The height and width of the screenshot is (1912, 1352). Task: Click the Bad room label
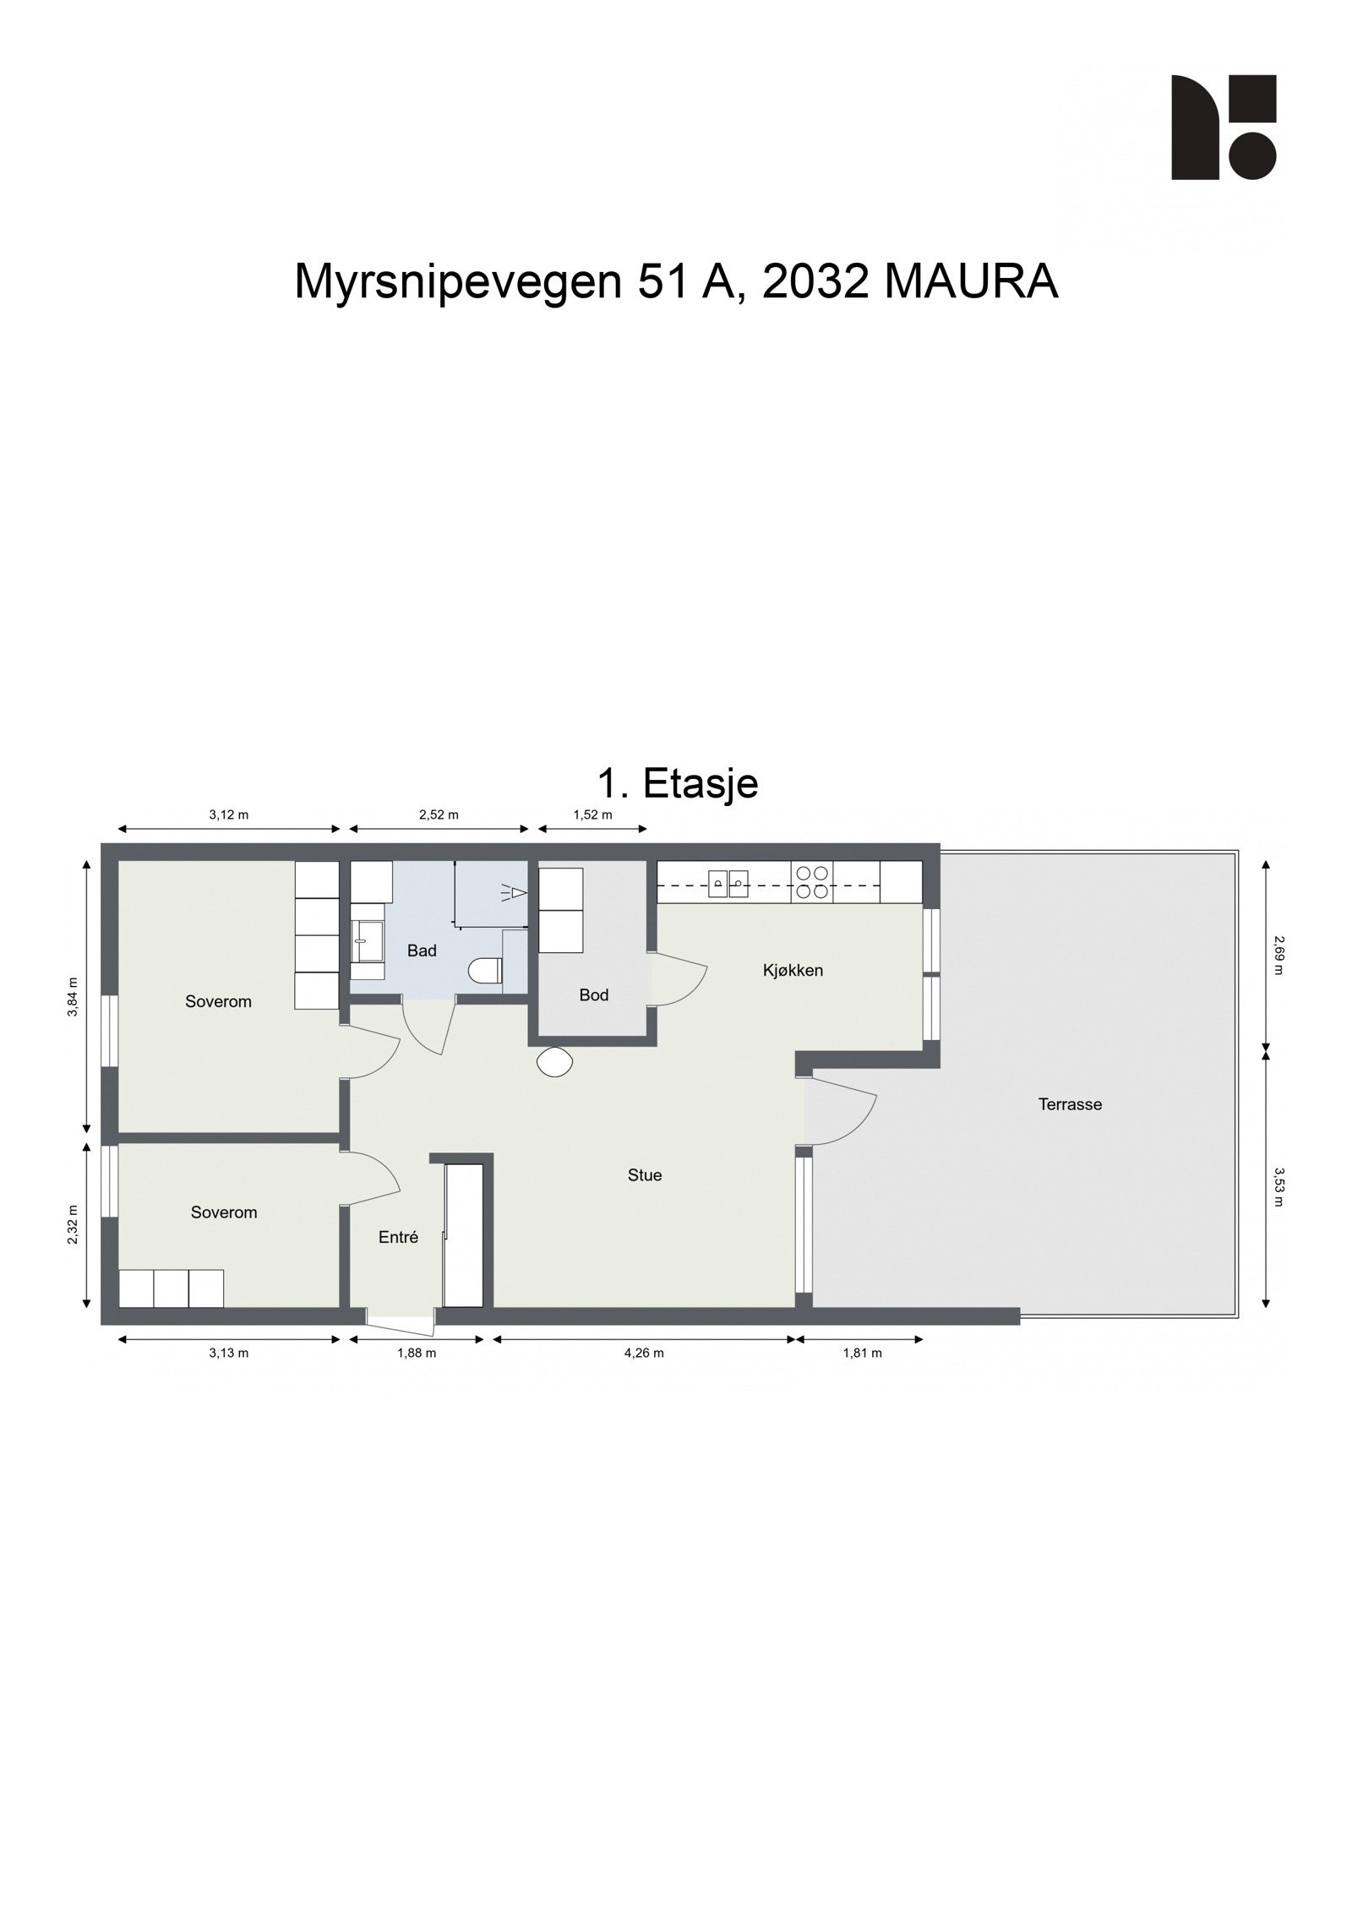422,951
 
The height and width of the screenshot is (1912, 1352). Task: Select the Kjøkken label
793,970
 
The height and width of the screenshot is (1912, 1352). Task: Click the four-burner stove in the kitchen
812,882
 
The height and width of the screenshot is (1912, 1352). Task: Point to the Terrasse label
1070,1104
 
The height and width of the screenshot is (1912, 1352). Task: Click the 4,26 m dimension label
644,1353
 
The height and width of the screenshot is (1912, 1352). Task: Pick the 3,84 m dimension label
73,997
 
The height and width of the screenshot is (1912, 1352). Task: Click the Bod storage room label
593,995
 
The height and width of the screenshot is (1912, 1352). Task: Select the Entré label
398,1237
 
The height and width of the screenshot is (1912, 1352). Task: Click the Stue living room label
645,1175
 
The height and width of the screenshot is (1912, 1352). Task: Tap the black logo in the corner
1223,128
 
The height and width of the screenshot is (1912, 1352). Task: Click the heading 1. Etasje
677,783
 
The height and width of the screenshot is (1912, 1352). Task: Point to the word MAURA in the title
971,282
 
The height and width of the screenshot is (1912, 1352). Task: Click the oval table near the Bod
554,1061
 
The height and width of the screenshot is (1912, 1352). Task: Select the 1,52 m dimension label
592,815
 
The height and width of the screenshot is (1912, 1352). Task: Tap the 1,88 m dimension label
417,1353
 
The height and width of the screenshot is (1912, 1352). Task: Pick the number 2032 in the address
815,282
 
